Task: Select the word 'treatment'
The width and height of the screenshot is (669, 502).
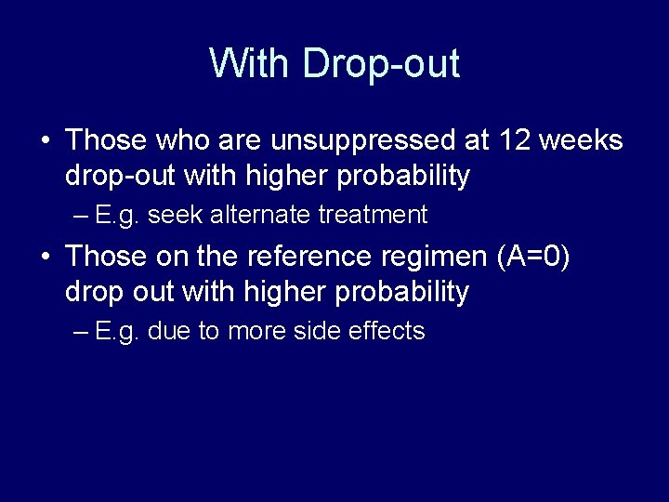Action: [x=372, y=216]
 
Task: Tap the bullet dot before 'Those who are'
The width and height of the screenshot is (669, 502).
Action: [x=45, y=141]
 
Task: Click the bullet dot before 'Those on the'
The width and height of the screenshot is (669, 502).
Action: [x=45, y=258]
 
